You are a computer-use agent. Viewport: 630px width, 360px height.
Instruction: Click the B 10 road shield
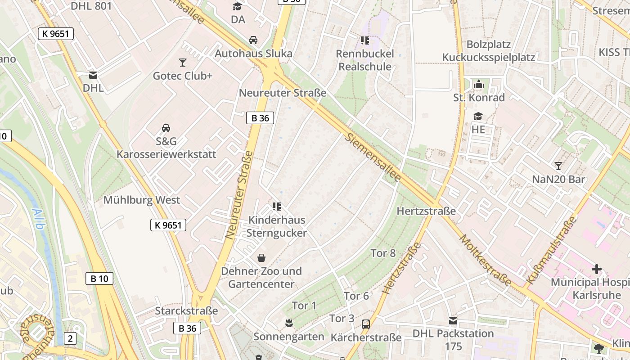pos(99,279)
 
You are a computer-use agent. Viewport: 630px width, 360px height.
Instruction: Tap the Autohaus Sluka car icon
pos(253,40)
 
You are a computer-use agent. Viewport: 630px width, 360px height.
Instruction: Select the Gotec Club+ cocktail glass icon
pos(182,62)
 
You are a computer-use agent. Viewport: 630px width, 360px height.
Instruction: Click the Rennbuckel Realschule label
pos(365,60)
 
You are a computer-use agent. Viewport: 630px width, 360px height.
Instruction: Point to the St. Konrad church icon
pos(478,84)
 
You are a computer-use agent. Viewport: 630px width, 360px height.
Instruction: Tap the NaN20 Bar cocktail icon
pos(558,166)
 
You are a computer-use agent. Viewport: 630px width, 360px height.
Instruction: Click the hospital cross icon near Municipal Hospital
pos(596,269)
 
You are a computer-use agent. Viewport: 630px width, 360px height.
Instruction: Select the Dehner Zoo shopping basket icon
pos(261,258)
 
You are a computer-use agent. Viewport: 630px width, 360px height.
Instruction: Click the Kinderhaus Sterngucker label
pos(277,226)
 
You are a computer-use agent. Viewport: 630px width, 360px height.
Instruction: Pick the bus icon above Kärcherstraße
pos(366,324)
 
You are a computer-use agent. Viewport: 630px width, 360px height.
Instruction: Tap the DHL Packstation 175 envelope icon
pos(453,321)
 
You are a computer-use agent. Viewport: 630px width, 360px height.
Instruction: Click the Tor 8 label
pos(383,253)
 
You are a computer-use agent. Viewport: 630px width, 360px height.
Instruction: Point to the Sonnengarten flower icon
pos(288,323)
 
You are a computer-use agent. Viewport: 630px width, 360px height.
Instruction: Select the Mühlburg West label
pos(142,200)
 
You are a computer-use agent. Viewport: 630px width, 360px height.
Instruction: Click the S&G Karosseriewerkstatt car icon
pos(166,128)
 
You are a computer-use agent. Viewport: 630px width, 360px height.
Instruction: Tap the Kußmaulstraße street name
pos(551,250)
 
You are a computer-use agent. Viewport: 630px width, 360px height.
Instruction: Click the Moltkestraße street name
pos(485,260)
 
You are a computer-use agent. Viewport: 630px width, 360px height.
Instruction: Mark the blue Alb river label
pos(38,219)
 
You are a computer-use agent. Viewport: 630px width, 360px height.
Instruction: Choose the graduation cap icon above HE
pos(478,117)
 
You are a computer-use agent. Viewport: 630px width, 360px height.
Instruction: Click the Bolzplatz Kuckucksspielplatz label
pos(488,51)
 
